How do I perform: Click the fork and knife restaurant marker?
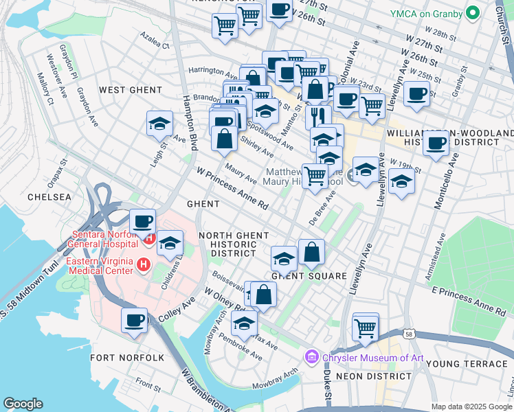coord(317,116)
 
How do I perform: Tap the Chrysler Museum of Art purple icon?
coord(311,358)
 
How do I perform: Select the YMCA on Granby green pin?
coord(472,13)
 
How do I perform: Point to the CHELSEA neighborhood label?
coord(49,197)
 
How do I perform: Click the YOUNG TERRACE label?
coord(465,363)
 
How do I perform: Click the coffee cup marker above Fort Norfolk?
coord(135,319)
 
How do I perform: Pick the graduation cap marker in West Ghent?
coord(159,124)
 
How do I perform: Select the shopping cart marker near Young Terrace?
coord(366,326)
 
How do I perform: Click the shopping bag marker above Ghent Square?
coord(311,251)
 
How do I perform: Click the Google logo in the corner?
coord(23,404)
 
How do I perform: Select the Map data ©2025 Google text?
coord(470,407)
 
